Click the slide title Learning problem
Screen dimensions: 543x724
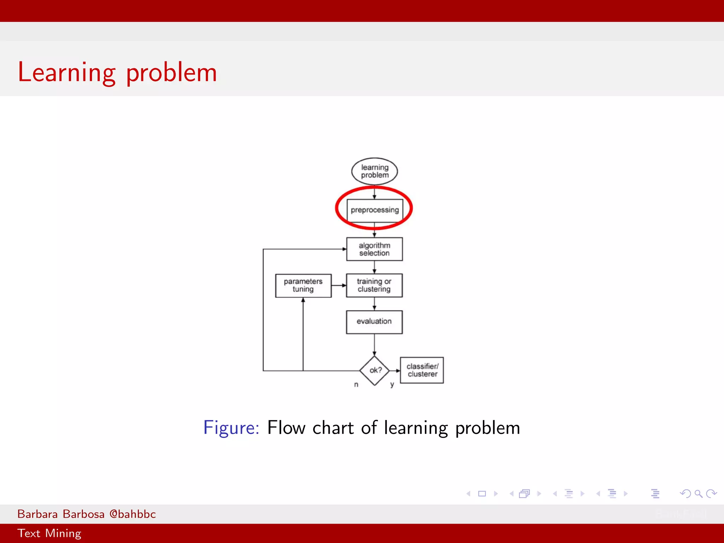117,72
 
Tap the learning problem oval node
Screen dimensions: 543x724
374,171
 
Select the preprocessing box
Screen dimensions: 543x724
374,210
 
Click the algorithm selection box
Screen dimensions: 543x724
374,249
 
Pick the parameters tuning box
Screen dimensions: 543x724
303,285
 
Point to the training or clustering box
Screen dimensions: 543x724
374,285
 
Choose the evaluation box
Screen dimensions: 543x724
374,322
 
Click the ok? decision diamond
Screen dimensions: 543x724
374,370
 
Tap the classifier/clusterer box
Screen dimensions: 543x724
422,370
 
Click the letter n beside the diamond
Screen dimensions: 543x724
356,385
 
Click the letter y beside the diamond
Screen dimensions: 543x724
392,385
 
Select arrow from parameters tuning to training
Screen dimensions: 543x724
339,285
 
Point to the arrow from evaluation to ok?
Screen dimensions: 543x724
374,345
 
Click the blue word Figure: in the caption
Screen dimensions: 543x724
231,428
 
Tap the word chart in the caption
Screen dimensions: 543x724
333,428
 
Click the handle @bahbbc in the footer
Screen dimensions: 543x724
133,514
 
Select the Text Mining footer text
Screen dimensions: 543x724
49,533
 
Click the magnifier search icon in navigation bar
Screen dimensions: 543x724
698,494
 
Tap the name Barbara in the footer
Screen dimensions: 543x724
37,514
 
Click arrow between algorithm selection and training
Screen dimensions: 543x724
374,267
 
